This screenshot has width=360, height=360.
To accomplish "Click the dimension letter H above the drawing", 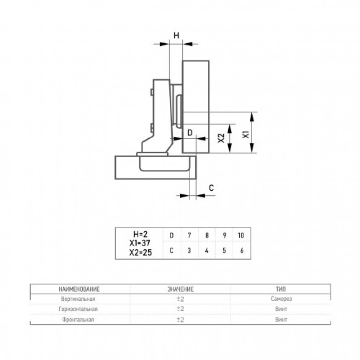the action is click(x=176, y=36).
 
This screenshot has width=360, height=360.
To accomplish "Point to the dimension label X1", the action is click(x=246, y=134).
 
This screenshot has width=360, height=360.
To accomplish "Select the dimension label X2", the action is click(x=221, y=138).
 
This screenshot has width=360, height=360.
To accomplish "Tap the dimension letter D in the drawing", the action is click(x=190, y=133).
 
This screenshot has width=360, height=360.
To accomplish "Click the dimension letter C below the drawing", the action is click(x=211, y=188).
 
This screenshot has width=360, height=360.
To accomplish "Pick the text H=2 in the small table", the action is click(x=141, y=234).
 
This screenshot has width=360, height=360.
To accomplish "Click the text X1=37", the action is click(x=140, y=243).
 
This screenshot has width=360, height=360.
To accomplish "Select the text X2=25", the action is click(x=141, y=253).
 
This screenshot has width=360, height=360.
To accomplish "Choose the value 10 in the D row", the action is click(x=241, y=236).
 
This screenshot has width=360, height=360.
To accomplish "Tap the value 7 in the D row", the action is click(x=189, y=236).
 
